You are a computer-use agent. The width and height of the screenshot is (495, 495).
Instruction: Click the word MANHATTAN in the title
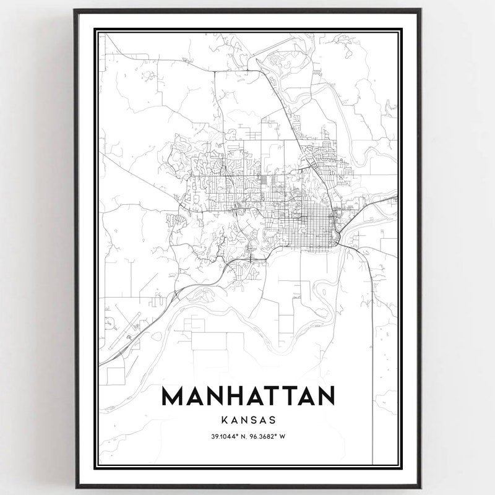[x=247, y=396]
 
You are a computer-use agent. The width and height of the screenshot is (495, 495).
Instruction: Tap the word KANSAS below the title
[x=247, y=420]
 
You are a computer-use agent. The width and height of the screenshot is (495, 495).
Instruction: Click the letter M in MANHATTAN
[x=173, y=396]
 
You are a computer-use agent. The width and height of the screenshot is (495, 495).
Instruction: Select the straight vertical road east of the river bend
[x=372, y=322]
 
